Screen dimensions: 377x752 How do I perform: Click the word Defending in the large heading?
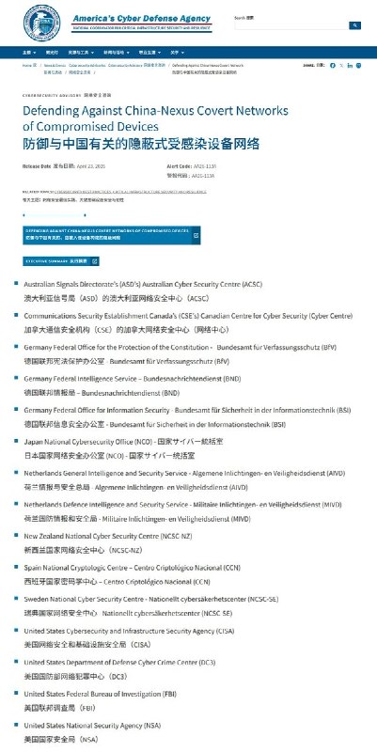click(55, 111)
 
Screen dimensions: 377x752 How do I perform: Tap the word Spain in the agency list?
click(32, 568)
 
